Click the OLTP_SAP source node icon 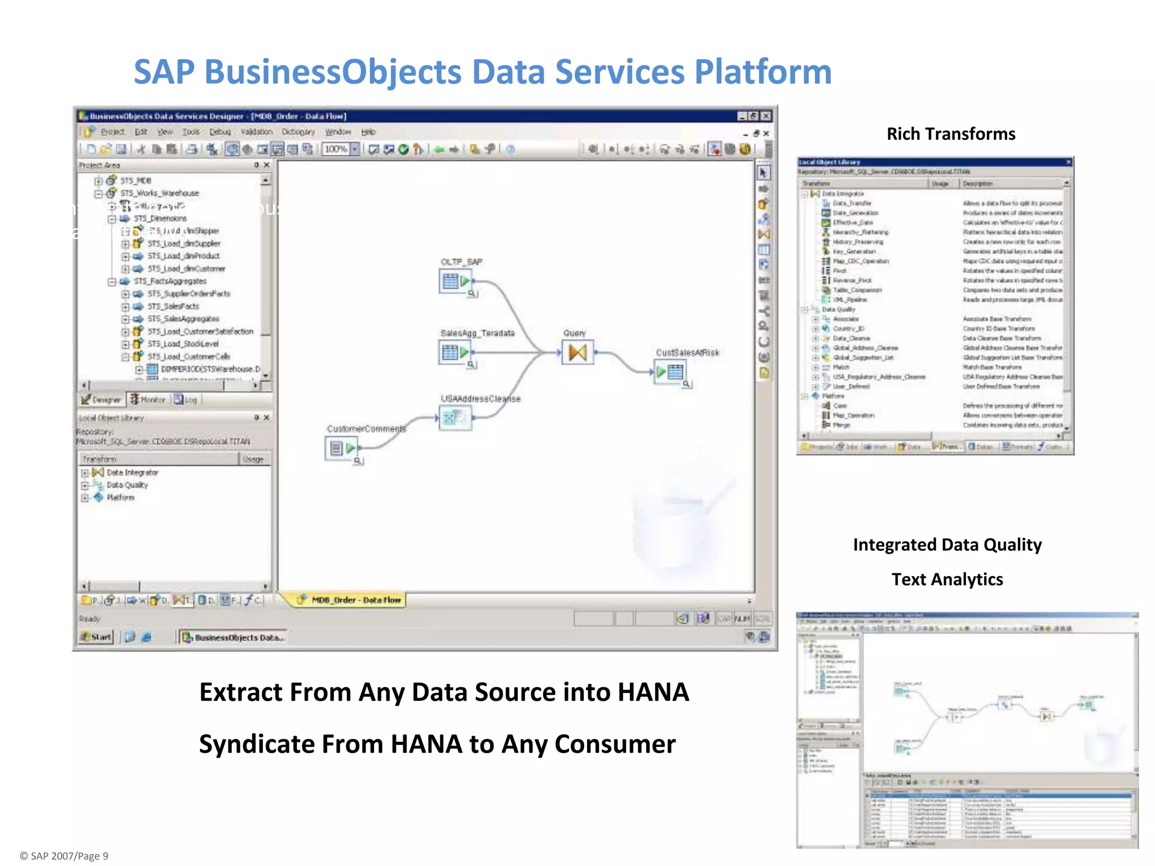456,281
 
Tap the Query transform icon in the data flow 577,352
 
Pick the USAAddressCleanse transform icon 455,418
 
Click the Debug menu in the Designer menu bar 220,132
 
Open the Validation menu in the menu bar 256,132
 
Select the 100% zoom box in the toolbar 336,149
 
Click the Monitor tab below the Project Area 148,400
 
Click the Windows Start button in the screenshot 96,637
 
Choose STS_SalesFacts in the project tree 173,306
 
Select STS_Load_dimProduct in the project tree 183,256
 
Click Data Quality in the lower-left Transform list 127,485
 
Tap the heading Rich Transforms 951,134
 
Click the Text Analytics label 947,580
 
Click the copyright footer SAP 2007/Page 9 64,856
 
